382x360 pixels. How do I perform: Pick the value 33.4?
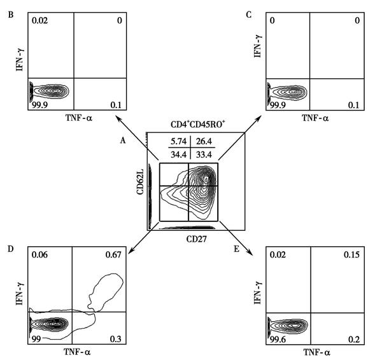tap(200, 153)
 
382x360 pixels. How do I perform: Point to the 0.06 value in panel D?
tap(43, 255)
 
